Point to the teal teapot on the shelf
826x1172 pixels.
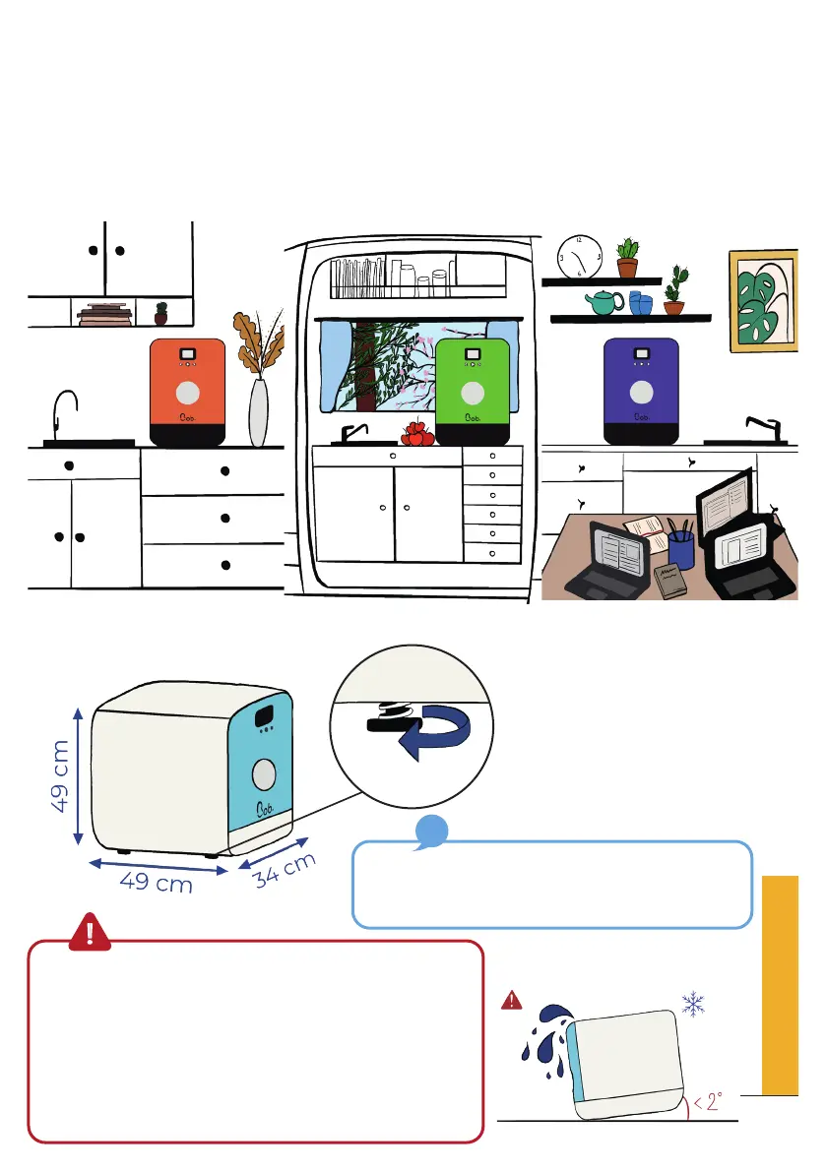click(603, 304)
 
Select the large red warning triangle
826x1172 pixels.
click(91, 930)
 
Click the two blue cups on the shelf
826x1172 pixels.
click(640, 304)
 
